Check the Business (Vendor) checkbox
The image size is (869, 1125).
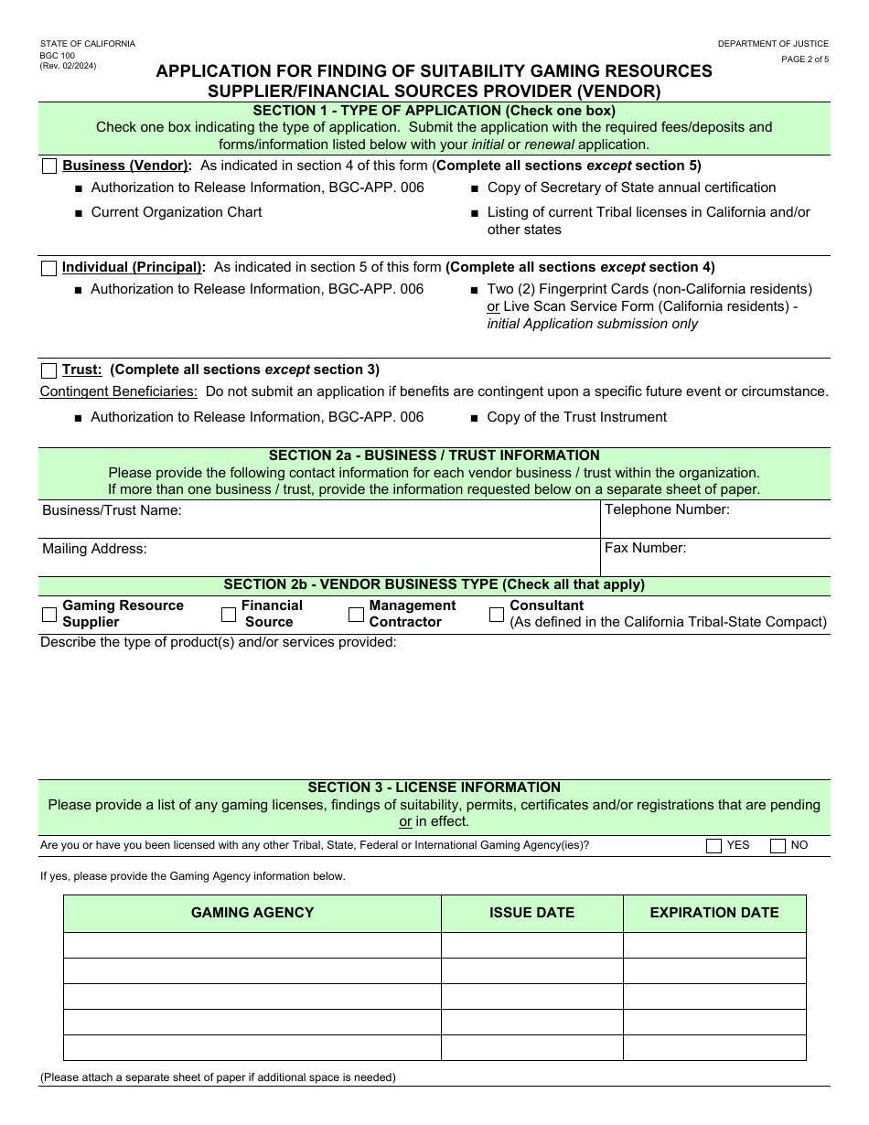(49, 166)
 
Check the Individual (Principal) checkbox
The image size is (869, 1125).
(49, 268)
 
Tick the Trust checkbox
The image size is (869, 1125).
(49, 370)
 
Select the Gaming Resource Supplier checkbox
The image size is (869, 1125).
(49, 615)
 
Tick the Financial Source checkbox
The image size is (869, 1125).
(229, 615)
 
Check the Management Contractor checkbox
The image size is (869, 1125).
(356, 615)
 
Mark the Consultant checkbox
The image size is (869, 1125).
(497, 615)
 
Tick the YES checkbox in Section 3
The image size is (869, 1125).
(713, 846)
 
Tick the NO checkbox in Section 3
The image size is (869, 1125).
(778, 846)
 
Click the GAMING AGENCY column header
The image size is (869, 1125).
(252, 913)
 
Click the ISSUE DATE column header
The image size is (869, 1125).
(531, 913)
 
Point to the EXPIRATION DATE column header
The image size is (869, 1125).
(714, 913)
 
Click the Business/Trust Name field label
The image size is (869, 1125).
(112, 510)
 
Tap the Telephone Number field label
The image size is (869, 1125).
(667, 509)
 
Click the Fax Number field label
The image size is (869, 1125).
(645, 548)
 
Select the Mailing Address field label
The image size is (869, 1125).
(94, 549)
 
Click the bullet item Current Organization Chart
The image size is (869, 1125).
(176, 212)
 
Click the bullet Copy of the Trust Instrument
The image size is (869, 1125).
(576, 417)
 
